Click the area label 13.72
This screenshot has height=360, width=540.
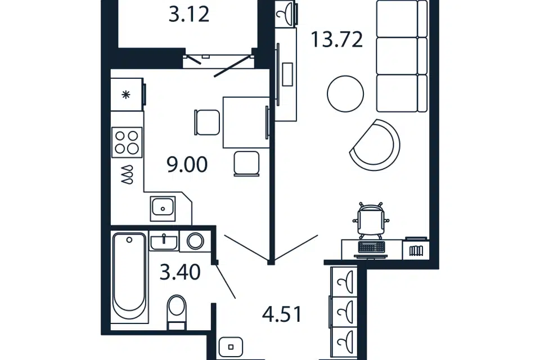(x=337, y=39)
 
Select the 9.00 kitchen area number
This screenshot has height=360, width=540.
(x=187, y=164)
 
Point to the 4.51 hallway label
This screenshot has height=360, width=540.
(x=282, y=314)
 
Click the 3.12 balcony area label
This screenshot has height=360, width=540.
(x=189, y=15)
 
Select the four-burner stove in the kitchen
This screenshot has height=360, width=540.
(x=127, y=142)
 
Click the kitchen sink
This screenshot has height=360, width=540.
(x=163, y=208)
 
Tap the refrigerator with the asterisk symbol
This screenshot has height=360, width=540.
(x=127, y=94)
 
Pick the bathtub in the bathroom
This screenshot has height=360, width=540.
(x=129, y=277)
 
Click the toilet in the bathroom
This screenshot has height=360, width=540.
(x=176, y=312)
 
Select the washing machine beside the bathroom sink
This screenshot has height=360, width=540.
(x=195, y=240)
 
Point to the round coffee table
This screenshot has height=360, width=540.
(x=345, y=94)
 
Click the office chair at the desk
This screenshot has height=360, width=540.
(x=371, y=220)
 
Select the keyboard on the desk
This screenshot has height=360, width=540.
(x=371, y=247)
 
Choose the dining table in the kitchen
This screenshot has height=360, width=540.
(x=246, y=122)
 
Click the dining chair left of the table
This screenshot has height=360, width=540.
(x=207, y=122)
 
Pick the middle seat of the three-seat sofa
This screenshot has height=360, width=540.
(x=402, y=56)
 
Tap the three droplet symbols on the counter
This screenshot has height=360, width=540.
(x=127, y=174)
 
